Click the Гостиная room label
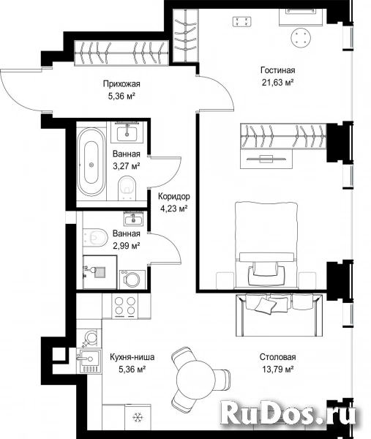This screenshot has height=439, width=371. point(278,70)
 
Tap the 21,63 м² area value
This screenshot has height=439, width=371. point(278,82)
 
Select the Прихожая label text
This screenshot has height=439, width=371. point(121,83)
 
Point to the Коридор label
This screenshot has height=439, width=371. point(174,196)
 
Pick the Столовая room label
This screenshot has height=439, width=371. point(277,357)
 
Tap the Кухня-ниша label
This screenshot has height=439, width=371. point(132,357)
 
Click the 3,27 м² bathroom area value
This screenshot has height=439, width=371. point(127,166)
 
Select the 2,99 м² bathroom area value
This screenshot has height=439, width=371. point(127,246)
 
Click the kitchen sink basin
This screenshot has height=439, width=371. point(89,359)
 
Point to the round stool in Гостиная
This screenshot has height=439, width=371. point(301,38)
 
